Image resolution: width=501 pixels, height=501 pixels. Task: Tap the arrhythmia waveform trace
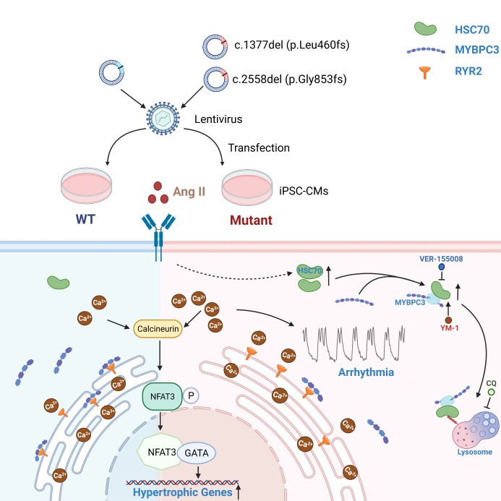pyautogui.click(x=351, y=345)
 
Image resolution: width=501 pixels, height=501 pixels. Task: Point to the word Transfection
pyautogui.click(x=258, y=147)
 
